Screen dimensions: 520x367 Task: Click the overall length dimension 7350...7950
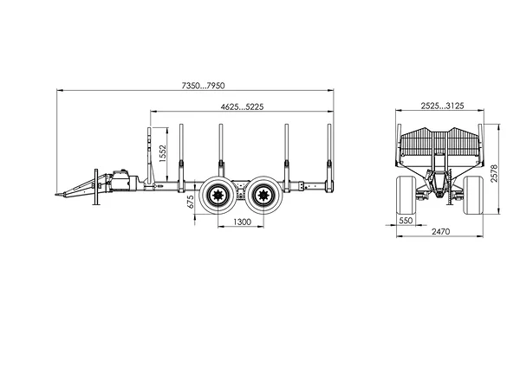coord(203,86)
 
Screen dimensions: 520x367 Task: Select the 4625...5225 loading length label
coord(242,106)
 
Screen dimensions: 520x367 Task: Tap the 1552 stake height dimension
coord(163,153)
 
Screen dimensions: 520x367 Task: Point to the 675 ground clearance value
coord(191,202)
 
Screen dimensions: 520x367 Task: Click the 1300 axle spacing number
coord(243,222)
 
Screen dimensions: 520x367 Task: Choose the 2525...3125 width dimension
coord(442,106)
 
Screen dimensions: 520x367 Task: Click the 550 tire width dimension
coord(406,221)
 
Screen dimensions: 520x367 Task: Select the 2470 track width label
coord(441,231)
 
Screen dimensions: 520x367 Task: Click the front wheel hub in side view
coord(218,195)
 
